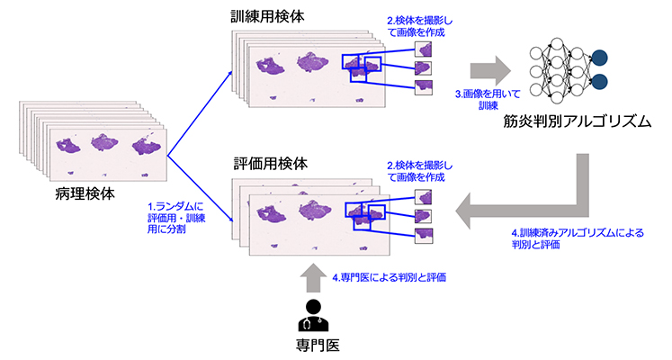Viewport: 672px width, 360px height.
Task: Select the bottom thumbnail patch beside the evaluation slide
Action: point(424,236)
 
